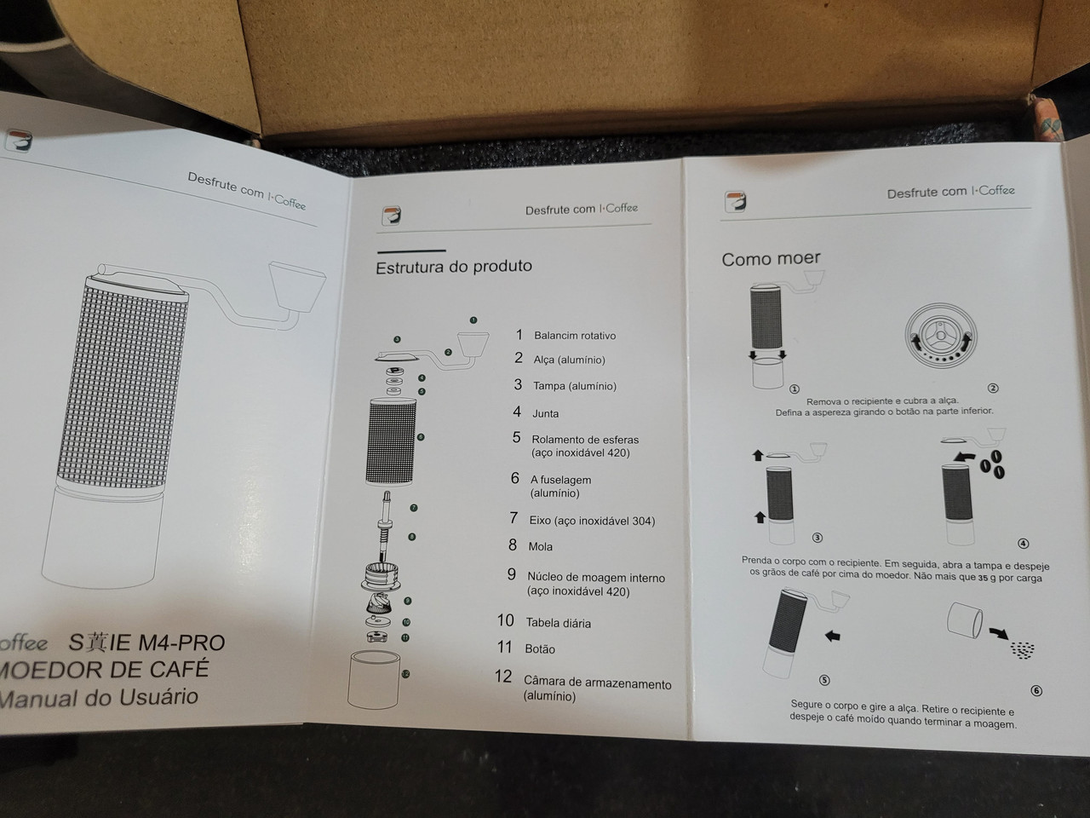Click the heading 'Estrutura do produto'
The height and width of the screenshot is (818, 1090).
[453, 267]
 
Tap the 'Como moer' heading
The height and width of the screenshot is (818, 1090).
[771, 259]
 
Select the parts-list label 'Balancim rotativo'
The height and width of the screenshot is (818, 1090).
[575, 336]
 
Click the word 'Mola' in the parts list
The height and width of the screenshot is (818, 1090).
[540, 547]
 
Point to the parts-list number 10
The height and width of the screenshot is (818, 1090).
[506, 620]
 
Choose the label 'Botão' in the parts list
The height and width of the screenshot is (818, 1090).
[540, 648]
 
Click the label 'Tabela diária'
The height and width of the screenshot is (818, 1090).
[559, 623]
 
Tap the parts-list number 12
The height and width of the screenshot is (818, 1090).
[503, 677]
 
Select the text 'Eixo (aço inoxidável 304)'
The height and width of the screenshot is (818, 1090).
[592, 521]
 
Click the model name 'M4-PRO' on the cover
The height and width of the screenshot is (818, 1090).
[181, 642]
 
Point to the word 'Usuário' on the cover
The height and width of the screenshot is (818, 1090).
[158, 697]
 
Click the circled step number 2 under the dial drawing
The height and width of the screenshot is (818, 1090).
[993, 389]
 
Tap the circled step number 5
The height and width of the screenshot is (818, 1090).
[824, 680]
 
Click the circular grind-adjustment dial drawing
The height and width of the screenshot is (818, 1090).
[940, 336]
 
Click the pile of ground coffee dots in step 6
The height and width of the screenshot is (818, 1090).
[1023, 650]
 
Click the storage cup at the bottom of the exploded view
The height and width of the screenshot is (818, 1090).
[374, 679]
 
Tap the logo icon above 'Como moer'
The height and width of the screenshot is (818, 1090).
[735, 202]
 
